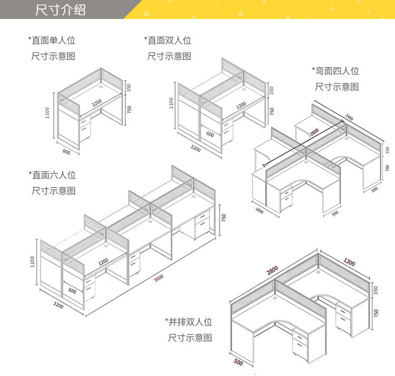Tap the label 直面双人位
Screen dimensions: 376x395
pyautogui.click(x=168, y=40)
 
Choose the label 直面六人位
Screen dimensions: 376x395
pyautogui.click(x=52, y=175)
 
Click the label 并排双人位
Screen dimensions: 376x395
pyautogui.click(x=189, y=321)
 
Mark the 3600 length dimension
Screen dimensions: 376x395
pyautogui.click(x=159, y=277)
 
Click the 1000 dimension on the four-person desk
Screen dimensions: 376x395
pyautogui.click(x=259, y=210)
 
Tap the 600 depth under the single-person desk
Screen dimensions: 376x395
pyautogui.click(x=66, y=152)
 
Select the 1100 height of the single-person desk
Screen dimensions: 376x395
pyautogui.click(x=47, y=112)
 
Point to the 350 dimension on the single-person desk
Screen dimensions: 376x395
pyautogui.click(x=129, y=87)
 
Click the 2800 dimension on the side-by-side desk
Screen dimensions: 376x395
pyautogui.click(x=272, y=270)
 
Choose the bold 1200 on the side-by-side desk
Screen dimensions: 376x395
pyautogui.click(x=349, y=263)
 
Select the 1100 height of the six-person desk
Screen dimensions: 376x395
pyautogui.click(x=33, y=261)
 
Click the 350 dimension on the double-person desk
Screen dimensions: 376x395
pyautogui.click(x=272, y=90)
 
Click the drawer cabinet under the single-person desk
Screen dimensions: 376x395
pyautogui.click(x=84, y=127)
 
